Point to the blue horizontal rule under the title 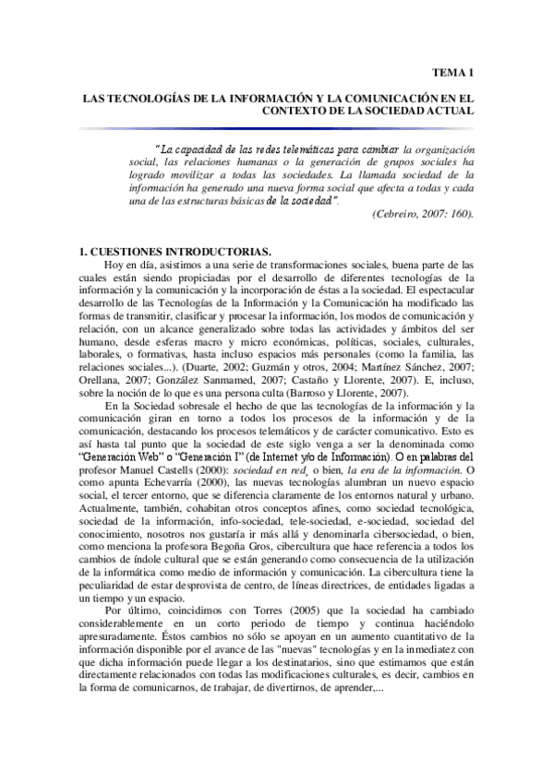pos(276,127)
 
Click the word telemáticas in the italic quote pos(321,148)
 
